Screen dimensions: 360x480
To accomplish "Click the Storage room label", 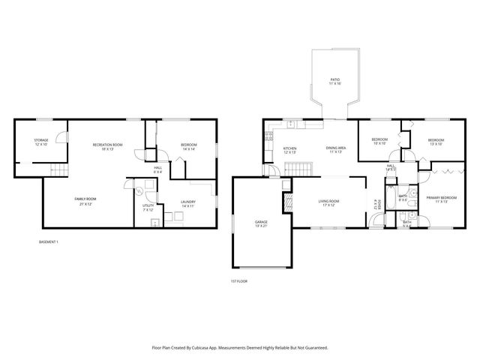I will [40, 142].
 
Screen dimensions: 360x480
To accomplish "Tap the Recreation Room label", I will [107, 146].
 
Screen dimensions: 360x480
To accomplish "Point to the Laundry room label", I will [187, 202].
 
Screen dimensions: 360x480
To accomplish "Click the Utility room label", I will [148, 207].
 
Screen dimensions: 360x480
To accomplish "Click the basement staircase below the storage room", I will [55, 173].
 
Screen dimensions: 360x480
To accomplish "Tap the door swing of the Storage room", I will [61, 139].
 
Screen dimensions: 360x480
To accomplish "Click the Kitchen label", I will [289, 150].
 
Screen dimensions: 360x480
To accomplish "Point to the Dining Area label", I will [335, 150].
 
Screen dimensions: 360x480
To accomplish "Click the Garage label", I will [261, 224].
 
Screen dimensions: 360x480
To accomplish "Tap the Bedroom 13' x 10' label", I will [436, 141].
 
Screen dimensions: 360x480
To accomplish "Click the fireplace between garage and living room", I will [286, 200].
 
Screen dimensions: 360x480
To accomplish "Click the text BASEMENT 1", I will [48, 241].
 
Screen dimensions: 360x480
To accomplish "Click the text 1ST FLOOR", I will [239, 281].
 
